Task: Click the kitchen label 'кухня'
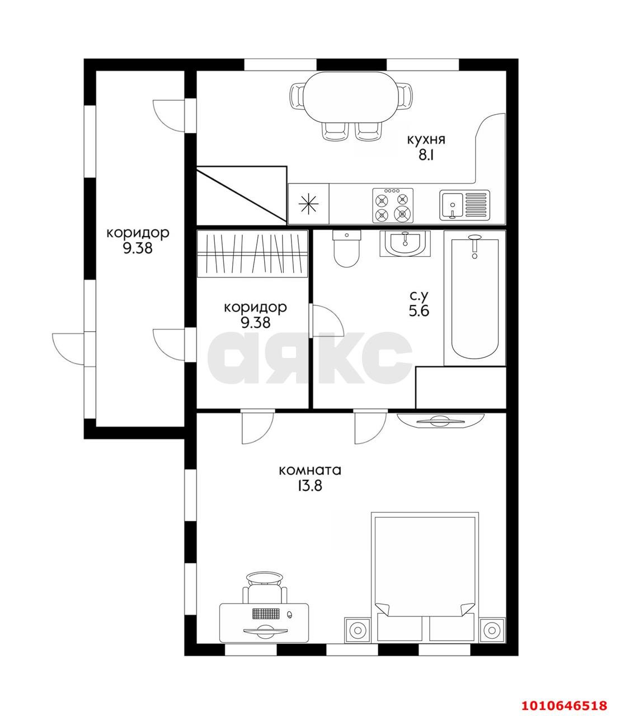[426, 140]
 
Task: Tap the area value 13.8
[310, 486]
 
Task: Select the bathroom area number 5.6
[419, 310]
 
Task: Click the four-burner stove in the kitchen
[393, 205]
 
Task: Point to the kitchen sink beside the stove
[465, 205]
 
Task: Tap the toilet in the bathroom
[346, 248]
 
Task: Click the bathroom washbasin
[405, 243]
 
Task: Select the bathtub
[475, 298]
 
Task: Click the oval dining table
[351, 97]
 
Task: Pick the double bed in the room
[425, 578]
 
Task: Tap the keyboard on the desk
[266, 614]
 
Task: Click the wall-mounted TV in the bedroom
[440, 421]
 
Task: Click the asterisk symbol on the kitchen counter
[308, 204]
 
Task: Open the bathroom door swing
[327, 321]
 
